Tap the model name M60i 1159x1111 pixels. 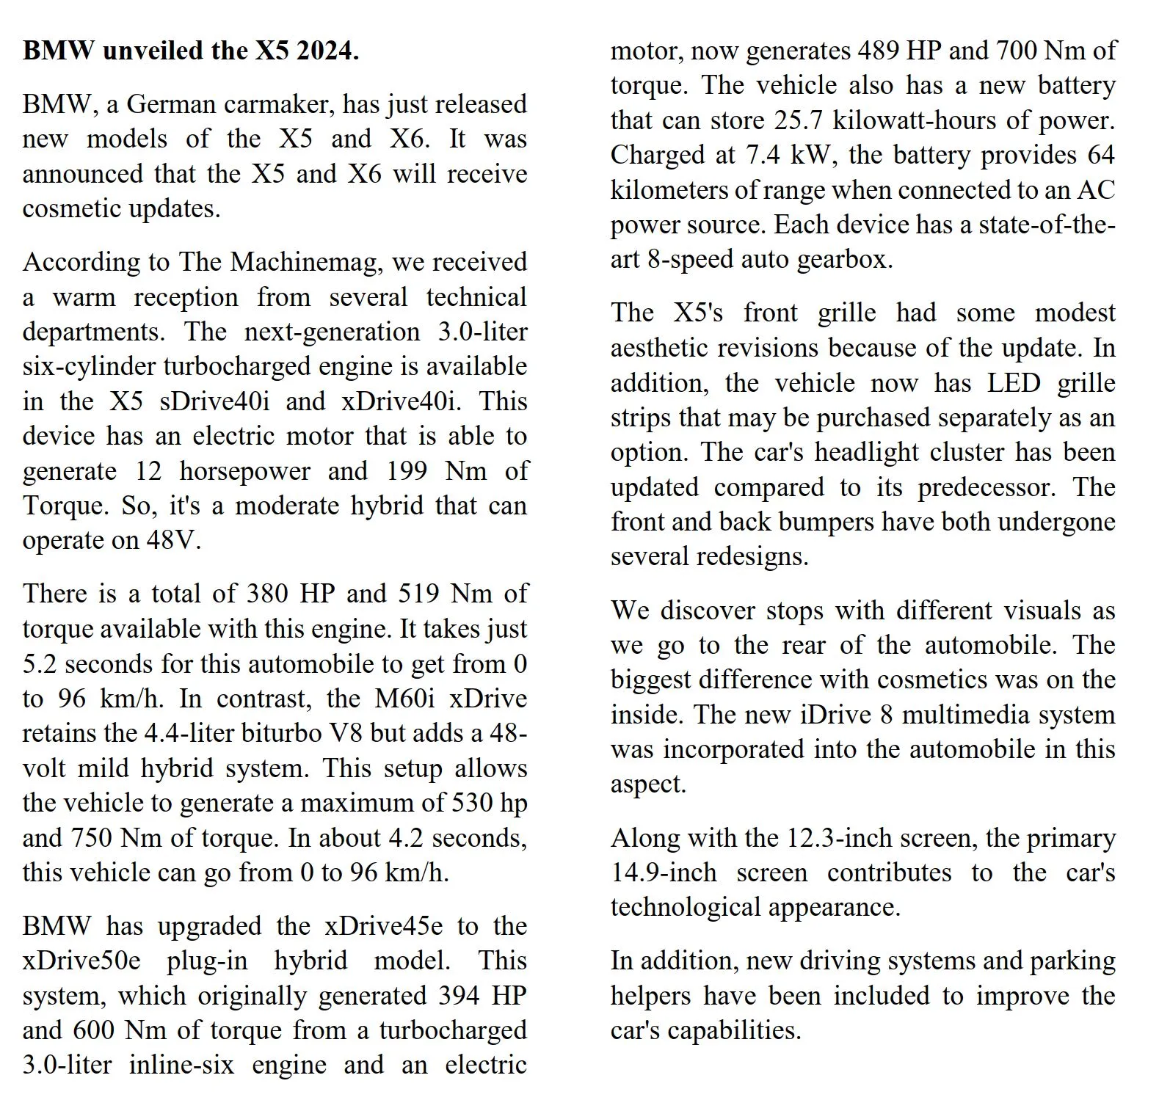point(404,698)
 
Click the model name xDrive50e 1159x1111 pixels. point(81,961)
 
